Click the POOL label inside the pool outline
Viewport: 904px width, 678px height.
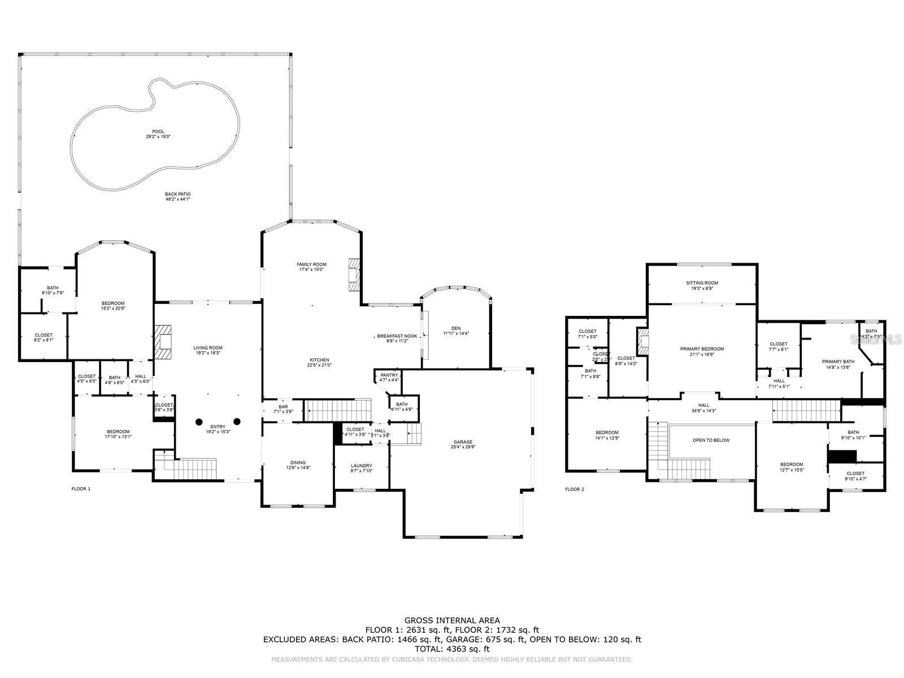158,132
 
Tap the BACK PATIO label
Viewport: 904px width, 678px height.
178,194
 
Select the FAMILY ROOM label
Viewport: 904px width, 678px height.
312,264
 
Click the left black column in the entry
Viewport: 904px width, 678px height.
199,421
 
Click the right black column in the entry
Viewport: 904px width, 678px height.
237,421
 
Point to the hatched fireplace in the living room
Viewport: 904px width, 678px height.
164,342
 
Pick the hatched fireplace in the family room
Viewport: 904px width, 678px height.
354,275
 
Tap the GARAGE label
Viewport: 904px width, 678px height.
463,442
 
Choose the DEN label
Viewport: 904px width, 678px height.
456,328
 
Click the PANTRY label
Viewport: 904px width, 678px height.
389,375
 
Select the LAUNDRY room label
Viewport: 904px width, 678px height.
362,450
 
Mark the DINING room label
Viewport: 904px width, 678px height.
298,463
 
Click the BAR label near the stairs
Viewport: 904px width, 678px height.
283,407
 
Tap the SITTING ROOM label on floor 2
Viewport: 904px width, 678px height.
702,283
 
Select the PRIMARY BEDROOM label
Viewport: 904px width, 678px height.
702,349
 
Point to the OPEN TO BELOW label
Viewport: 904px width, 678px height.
711,440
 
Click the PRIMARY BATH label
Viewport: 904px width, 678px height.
838,362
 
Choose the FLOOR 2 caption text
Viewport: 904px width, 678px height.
575,489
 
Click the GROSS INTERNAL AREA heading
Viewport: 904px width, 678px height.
452,620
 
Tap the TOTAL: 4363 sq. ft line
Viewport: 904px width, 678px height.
452,649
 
